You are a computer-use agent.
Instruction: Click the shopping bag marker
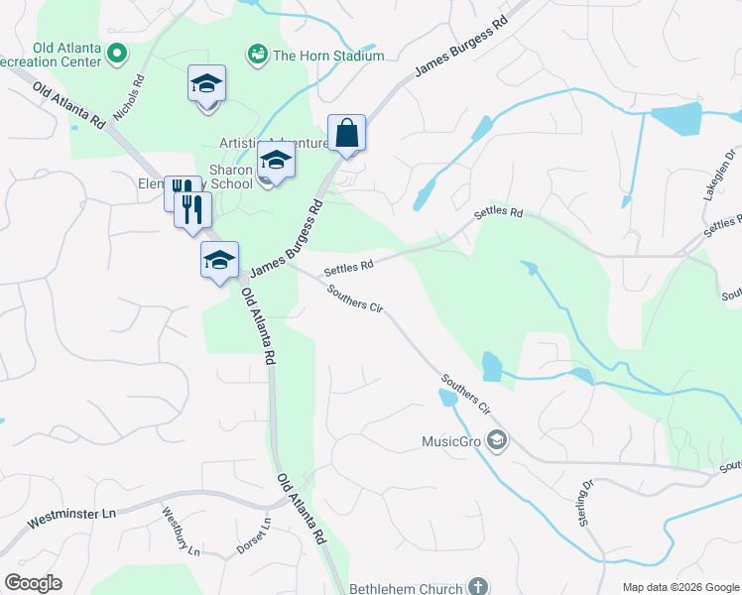click(x=346, y=133)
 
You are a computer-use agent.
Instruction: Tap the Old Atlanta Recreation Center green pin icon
click(x=118, y=53)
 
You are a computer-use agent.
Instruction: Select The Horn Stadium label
click(x=328, y=57)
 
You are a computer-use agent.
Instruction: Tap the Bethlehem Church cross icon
click(x=477, y=587)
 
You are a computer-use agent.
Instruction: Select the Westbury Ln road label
click(x=182, y=531)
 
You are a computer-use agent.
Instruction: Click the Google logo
click(x=33, y=583)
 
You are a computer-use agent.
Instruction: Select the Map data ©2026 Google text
click(x=681, y=587)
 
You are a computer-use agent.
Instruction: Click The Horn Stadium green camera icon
click(x=257, y=55)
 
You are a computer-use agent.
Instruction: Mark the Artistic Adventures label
click(x=282, y=144)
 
